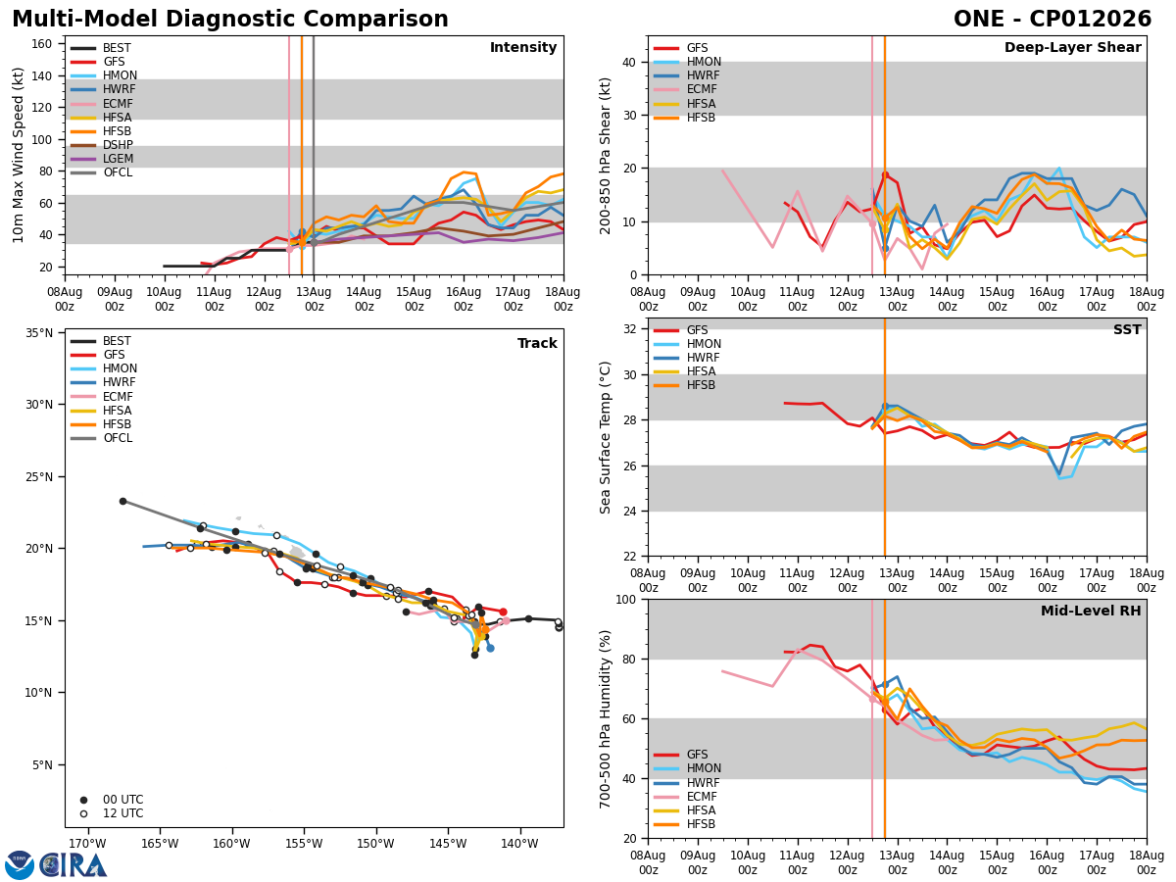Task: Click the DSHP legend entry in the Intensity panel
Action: pos(102,145)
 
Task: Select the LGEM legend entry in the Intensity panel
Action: pos(102,159)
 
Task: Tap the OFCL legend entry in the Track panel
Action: pos(102,438)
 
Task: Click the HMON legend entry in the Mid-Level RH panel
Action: pos(687,768)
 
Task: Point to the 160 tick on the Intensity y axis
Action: pos(42,44)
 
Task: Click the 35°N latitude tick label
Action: pos(39,333)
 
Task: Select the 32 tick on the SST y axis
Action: pos(629,329)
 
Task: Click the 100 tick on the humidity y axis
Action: pos(626,599)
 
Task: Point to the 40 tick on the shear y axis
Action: pos(629,62)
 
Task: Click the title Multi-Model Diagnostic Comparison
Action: pos(230,20)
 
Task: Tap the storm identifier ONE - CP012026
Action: pos(1053,20)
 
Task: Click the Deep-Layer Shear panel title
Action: pos(1072,48)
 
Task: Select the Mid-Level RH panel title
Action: pos(1091,611)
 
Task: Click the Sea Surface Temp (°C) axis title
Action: pos(606,437)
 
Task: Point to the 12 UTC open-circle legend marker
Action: pos(83,813)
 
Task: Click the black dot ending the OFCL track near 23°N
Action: pos(122,501)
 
